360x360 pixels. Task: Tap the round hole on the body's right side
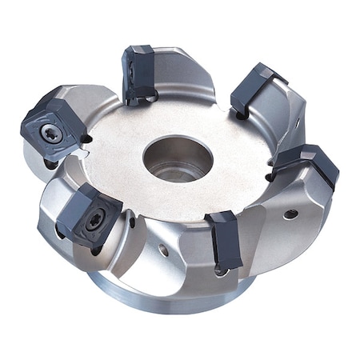[x=291, y=214]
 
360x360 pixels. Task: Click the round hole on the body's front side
[x=164, y=250]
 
